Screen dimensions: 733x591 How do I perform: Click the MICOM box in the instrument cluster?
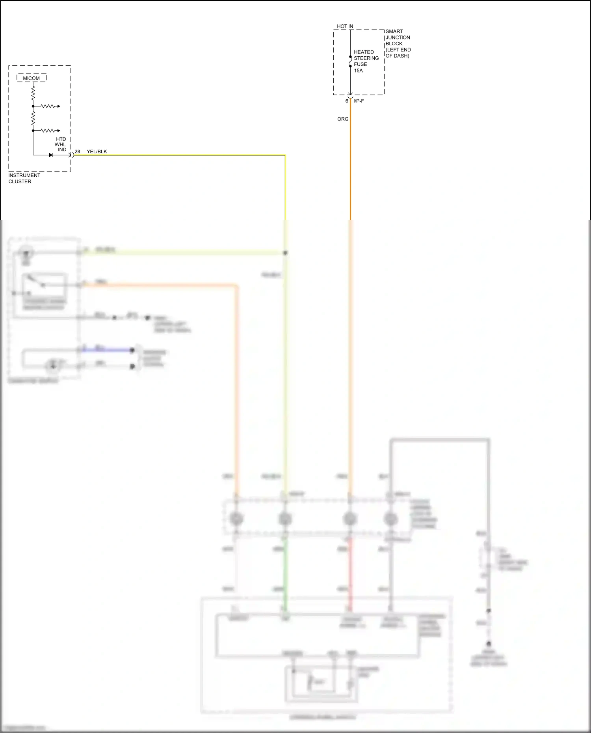[x=32, y=78]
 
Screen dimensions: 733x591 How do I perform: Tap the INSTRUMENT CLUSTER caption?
[x=24, y=178]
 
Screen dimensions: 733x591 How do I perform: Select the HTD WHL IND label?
[x=61, y=145]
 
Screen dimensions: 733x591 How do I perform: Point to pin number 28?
[x=78, y=151]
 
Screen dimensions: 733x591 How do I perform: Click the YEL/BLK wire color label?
[x=97, y=151]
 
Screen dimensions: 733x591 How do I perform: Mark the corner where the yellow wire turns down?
[x=285, y=156]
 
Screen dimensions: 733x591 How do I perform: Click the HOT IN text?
[x=345, y=26]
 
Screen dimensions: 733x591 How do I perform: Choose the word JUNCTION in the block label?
[x=398, y=37]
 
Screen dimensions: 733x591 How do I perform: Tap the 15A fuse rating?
[x=358, y=71]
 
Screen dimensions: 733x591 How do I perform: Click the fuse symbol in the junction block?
[x=350, y=61]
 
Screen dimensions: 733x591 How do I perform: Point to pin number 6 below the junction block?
[x=347, y=101]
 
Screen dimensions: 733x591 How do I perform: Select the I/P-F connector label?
[x=359, y=101]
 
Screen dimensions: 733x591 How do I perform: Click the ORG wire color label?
[x=343, y=119]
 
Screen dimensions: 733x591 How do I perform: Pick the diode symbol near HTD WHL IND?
[x=50, y=155]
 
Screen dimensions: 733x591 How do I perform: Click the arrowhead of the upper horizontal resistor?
[x=59, y=106]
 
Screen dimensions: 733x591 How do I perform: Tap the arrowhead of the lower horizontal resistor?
[x=59, y=130]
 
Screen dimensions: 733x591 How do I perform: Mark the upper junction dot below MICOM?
[x=33, y=106]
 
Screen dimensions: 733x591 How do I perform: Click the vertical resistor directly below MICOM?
[x=33, y=93]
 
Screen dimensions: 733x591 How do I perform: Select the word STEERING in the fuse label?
[x=366, y=58]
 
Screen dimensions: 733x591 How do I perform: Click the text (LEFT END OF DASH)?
[x=398, y=53]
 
